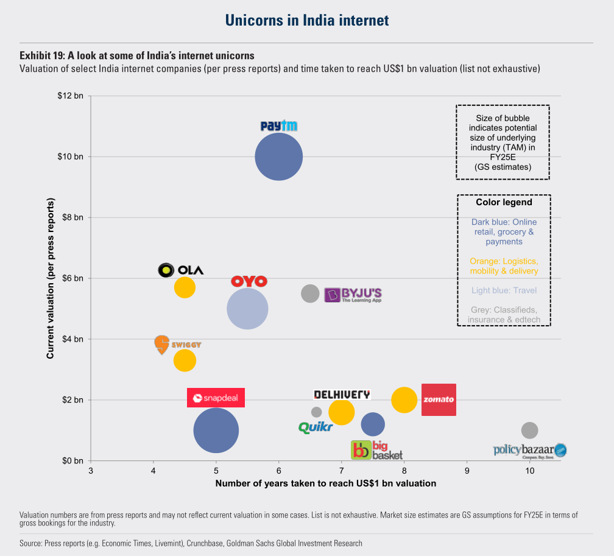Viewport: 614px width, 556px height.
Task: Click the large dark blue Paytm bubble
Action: coord(279,157)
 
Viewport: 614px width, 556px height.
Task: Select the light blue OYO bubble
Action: coord(247,309)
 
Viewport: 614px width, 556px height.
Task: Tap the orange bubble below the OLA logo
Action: coord(185,287)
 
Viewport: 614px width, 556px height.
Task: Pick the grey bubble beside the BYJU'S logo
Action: coord(310,294)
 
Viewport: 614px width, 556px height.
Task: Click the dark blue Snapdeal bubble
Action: coord(216,431)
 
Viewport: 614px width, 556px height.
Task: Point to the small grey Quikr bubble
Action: coord(316,412)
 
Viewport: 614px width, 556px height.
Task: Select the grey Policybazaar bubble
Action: coord(529,431)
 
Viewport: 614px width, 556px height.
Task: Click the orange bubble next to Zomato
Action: coord(404,399)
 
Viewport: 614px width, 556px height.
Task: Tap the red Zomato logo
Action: coord(439,399)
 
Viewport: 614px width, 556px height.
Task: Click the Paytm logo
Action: coord(279,125)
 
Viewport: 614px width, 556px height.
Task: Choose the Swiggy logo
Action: coord(178,345)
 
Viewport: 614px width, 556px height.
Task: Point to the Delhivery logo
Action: coord(342,395)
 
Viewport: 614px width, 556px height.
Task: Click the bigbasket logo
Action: coord(376,450)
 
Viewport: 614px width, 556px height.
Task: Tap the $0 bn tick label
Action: coord(73,461)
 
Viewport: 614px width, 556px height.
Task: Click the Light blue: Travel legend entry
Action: coord(504,290)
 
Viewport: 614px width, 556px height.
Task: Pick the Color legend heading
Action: coord(504,202)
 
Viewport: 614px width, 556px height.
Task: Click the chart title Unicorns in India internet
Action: coord(307,20)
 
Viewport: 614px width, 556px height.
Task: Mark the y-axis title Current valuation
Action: coord(50,278)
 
